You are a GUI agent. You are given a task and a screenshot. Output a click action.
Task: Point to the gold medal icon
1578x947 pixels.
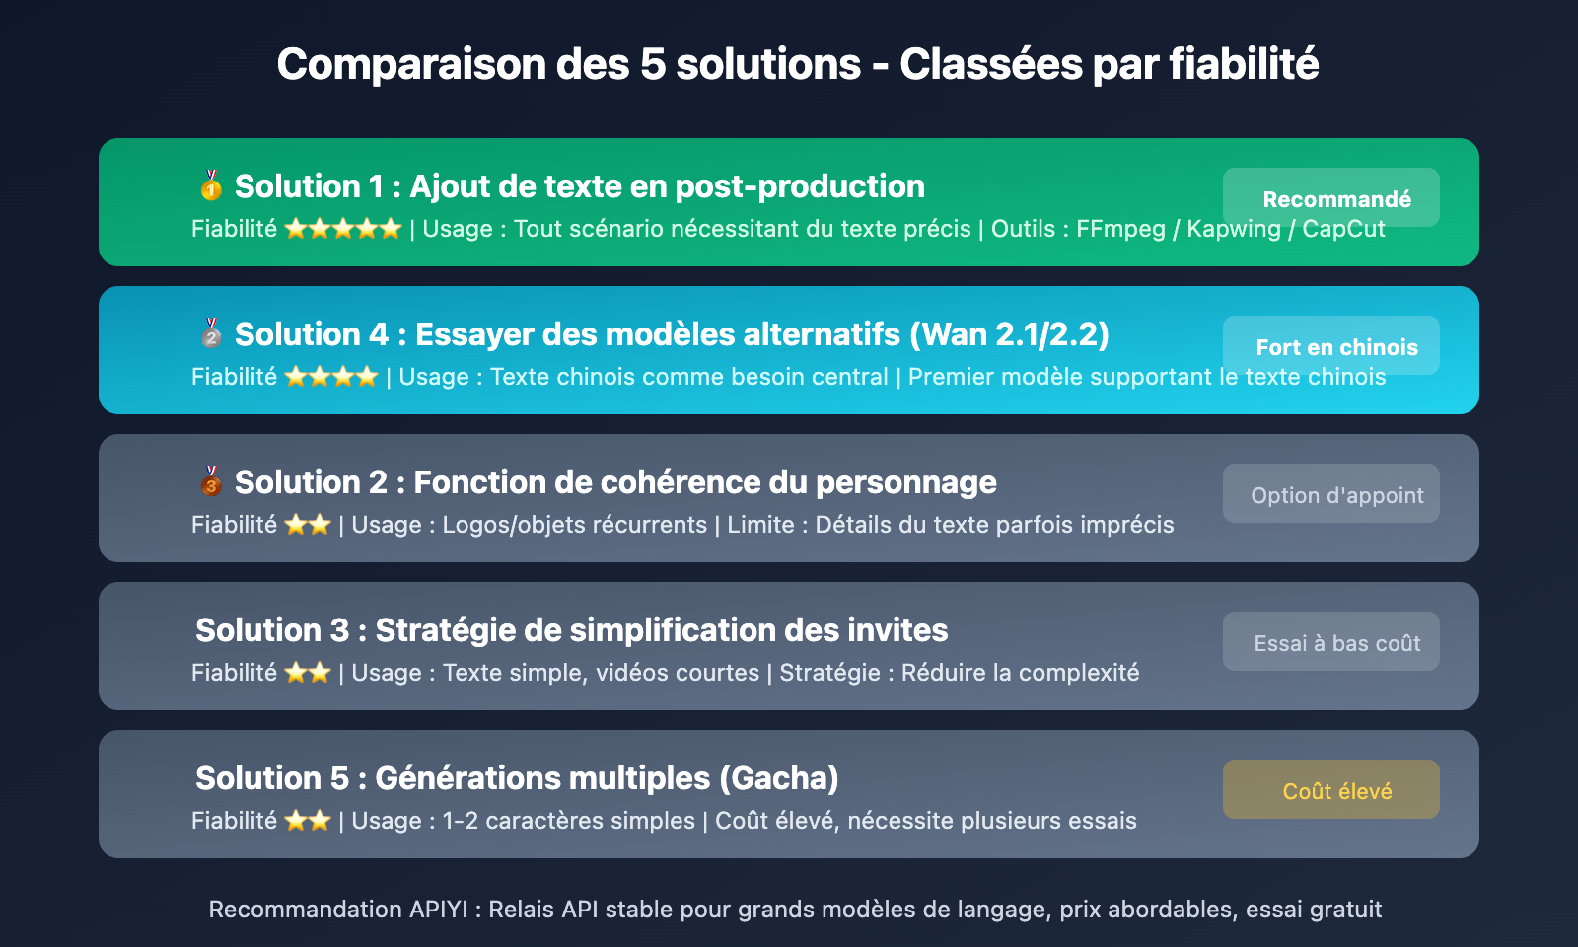pos(211,184)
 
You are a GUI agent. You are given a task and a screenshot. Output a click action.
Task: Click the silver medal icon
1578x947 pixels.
pos(211,332)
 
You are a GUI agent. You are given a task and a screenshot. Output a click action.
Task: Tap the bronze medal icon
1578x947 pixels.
pos(211,480)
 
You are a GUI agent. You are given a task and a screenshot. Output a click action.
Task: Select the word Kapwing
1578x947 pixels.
pos(1233,229)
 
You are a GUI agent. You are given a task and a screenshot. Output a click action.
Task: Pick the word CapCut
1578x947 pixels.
pos(1343,229)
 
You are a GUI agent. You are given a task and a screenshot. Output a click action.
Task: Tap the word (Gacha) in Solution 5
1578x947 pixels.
pos(778,778)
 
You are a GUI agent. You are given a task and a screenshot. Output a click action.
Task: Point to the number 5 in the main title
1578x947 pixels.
pos(652,65)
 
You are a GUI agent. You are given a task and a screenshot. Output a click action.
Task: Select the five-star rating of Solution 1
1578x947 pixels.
pos(342,229)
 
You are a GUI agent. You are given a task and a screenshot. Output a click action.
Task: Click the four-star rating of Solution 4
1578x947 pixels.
pos(330,377)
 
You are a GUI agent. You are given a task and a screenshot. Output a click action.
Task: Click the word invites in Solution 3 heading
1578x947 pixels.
pos(897,630)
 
